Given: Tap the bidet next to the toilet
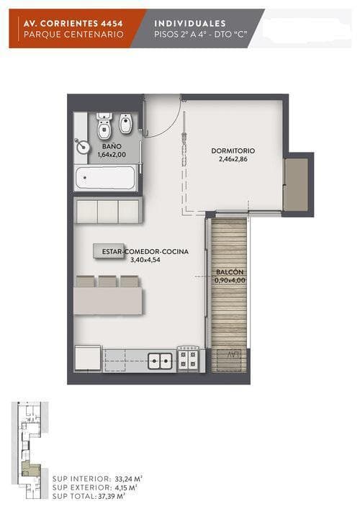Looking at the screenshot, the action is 125,123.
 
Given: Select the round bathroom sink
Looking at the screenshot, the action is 83,146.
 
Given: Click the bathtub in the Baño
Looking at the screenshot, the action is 105,178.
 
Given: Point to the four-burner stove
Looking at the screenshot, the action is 188,359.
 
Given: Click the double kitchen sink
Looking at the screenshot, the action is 160,361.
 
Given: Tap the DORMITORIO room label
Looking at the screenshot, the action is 233,150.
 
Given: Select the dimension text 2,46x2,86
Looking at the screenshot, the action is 233,159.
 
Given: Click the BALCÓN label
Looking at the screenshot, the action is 230,272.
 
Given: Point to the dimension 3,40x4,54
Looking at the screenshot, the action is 145,260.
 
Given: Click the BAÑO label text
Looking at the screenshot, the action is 112,146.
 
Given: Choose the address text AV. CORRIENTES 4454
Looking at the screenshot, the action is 73,23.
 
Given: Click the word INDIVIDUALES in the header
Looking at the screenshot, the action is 190,23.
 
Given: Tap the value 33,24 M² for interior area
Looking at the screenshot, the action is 129,479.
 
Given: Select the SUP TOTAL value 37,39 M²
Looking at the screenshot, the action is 112,496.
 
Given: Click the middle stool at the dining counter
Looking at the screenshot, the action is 107,281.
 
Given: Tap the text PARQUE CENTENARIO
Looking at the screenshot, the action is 73,35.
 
